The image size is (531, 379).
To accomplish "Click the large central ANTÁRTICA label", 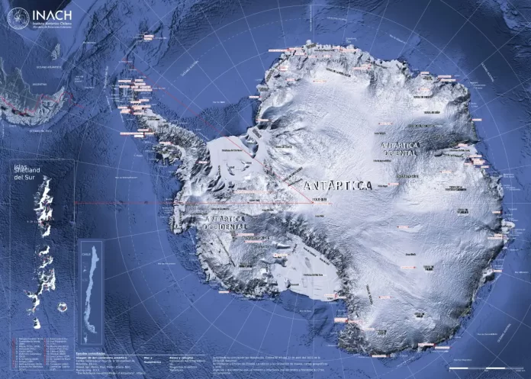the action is pos(337,185).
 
